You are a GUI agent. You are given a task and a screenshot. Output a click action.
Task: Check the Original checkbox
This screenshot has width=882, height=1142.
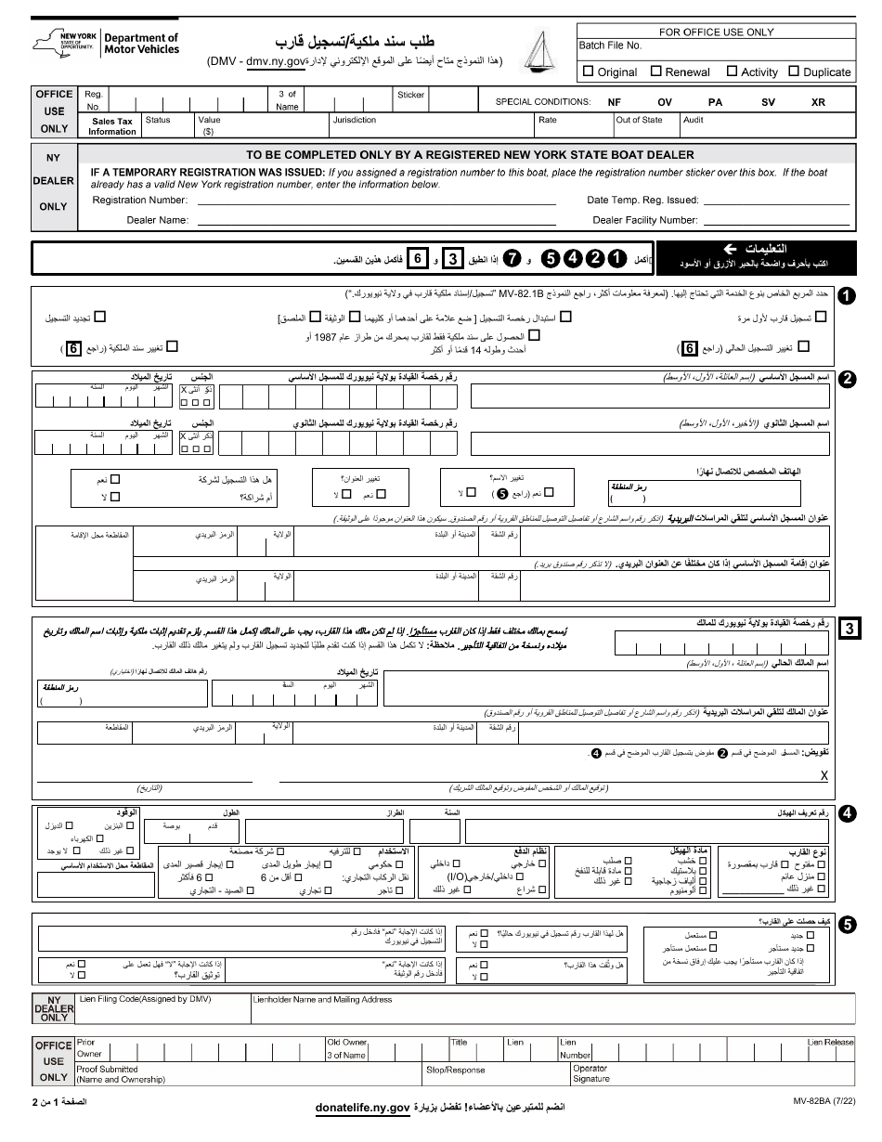pos(588,71)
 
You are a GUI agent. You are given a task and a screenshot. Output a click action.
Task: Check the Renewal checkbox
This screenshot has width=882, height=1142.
pos(656,71)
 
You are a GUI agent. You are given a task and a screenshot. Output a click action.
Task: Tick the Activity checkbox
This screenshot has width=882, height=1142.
pos(732,71)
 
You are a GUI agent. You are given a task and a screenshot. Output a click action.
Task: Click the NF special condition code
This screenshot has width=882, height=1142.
pos(614,102)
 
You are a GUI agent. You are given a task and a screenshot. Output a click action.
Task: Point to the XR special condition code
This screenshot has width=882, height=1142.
pos(818,102)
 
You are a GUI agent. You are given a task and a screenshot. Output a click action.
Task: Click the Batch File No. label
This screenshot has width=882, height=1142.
pos(610,45)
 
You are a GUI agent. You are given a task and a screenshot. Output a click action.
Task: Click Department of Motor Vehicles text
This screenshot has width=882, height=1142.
pos(141,44)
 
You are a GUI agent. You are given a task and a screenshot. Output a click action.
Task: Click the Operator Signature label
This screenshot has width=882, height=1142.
pos(591,1074)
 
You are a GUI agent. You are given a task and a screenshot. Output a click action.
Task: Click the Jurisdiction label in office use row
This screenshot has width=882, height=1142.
pos(354,120)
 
